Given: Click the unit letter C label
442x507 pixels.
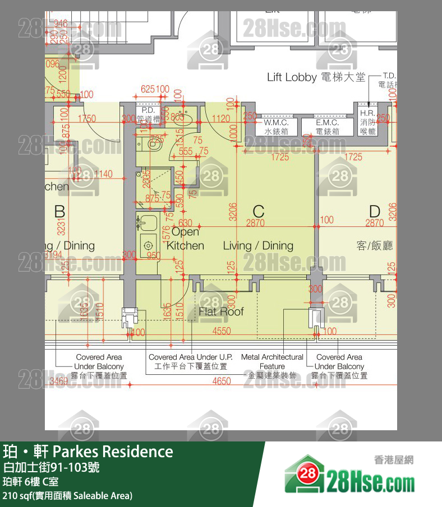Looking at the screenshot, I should click(x=258, y=212).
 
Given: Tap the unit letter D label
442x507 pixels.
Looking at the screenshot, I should click(x=375, y=212).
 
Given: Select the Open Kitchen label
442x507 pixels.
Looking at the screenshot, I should click(x=185, y=239).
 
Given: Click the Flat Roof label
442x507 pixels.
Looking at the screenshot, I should click(x=221, y=311).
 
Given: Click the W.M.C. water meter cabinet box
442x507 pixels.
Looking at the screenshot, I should click(x=276, y=127).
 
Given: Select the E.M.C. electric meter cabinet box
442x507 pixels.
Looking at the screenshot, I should click(x=328, y=127).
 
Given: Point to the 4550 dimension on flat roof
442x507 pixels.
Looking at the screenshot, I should click(x=222, y=332).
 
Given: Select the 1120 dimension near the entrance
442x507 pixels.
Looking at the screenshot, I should click(x=222, y=119).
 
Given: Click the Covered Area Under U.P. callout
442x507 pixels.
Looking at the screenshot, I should click(x=191, y=361).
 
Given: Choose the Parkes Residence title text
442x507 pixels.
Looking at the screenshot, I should click(x=88, y=452).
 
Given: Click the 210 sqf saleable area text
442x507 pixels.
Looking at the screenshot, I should click(x=67, y=496).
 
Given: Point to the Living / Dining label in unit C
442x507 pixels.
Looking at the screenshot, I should click(x=258, y=245).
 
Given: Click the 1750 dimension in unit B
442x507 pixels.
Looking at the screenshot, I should click(x=86, y=119).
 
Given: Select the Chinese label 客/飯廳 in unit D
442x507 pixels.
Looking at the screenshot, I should click(x=375, y=245).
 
